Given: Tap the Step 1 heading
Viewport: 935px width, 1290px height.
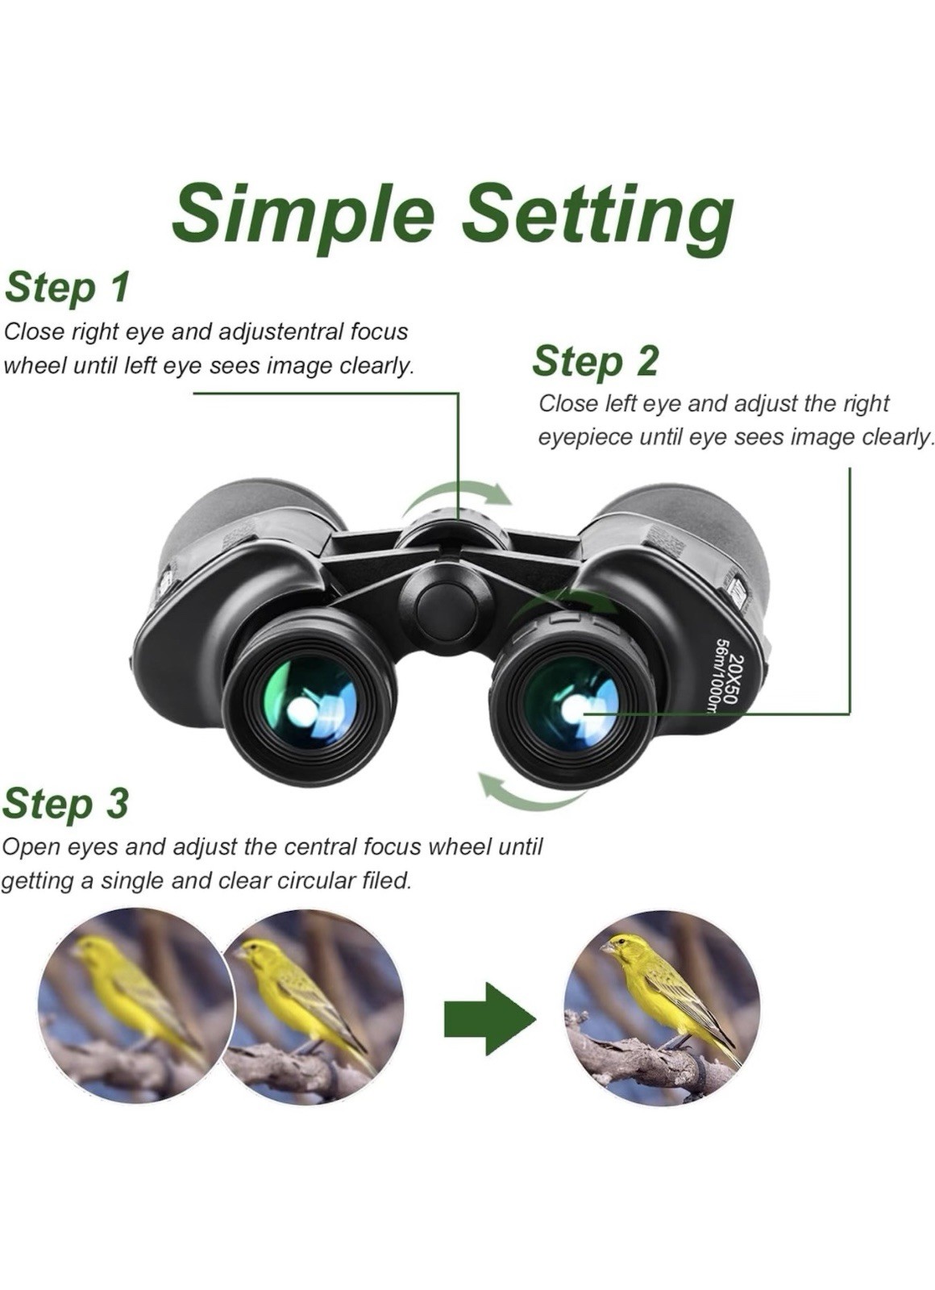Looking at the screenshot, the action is pos(67,288).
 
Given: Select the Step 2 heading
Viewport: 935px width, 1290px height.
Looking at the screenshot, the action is pos(595,360).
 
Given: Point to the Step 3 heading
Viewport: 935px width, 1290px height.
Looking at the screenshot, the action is pos(65,803).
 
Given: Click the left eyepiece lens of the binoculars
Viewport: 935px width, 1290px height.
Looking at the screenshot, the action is pos(311,701).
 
